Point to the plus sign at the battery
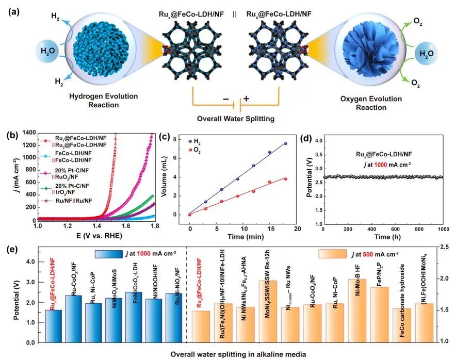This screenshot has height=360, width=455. [246, 100]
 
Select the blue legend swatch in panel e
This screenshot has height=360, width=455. [109, 254]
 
